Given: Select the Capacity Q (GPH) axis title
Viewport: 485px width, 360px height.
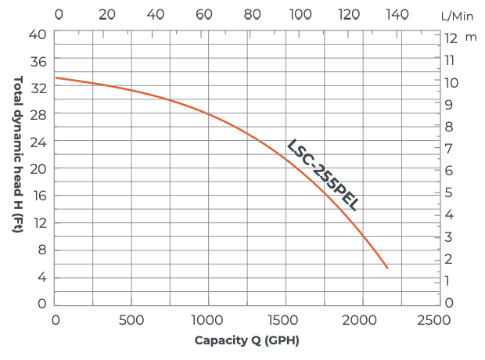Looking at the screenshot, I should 246,340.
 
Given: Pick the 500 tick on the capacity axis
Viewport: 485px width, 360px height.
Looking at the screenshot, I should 131,319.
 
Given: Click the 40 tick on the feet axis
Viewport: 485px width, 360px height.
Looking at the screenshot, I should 39,34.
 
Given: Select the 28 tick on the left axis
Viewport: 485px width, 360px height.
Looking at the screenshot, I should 39,114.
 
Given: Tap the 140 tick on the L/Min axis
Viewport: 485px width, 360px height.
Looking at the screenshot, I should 398,14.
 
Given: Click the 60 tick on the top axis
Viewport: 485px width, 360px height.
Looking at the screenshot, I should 204,14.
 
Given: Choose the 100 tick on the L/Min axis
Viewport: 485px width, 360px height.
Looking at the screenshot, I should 300,14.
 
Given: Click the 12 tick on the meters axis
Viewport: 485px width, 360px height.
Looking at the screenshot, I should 451,38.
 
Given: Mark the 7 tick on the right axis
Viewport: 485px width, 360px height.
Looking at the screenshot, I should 450,148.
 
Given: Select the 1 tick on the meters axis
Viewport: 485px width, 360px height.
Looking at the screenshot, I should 449,280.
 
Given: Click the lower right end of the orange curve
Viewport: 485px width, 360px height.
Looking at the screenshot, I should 387,268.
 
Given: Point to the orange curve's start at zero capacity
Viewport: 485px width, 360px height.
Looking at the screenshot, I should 56,77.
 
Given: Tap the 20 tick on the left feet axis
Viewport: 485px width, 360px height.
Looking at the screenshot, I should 39,168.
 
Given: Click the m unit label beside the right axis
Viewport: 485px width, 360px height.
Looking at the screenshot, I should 471,37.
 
